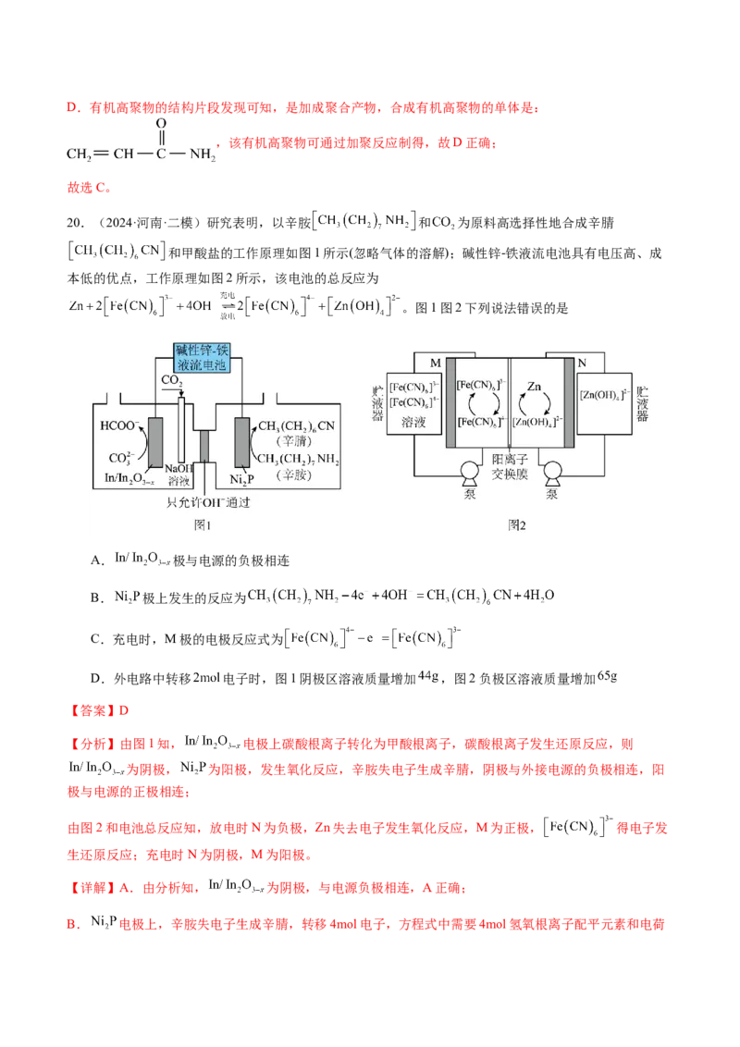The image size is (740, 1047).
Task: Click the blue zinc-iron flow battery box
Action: tap(203, 357)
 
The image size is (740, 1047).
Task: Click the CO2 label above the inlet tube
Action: tap(171, 380)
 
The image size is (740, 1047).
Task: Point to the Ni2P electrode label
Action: tap(241, 479)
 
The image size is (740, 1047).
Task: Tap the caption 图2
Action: tap(517, 524)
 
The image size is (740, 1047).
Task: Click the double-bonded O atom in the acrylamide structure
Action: tap(161, 124)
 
